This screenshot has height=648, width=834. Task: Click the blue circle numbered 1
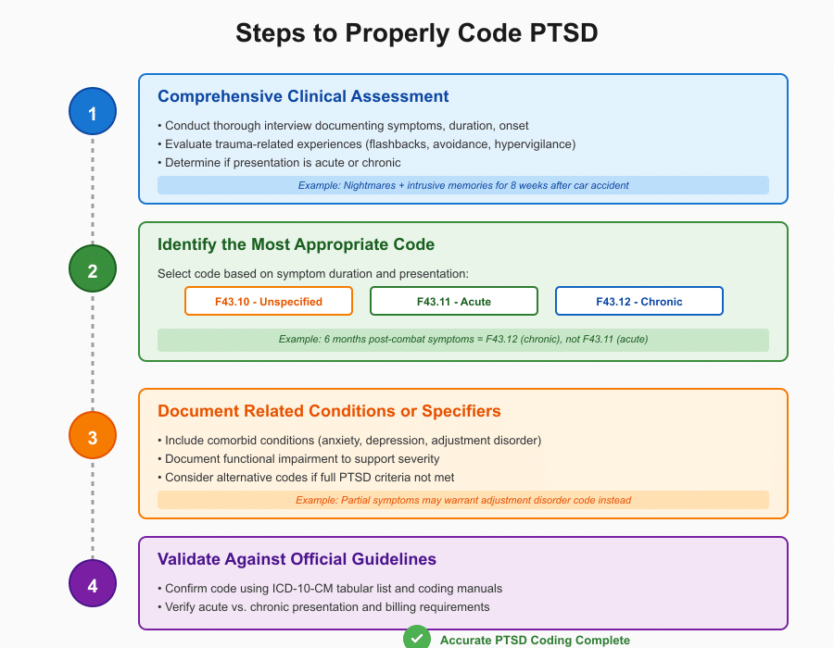coord(93,113)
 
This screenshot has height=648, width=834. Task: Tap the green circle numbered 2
coord(93,270)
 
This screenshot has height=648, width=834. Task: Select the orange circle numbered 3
coord(93,436)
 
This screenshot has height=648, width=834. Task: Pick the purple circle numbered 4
coord(93,584)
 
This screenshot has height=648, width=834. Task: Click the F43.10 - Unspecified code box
coord(269,301)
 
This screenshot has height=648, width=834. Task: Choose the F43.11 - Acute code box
coord(454,301)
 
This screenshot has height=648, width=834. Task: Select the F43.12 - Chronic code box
coord(638,301)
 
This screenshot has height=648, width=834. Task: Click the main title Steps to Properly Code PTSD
coord(417,33)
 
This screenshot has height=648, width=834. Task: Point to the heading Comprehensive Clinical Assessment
coord(303,96)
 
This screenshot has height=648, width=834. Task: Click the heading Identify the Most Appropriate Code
coord(296,244)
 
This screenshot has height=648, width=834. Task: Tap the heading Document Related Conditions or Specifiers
coord(329,411)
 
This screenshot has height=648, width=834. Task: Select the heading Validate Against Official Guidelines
coord(297,559)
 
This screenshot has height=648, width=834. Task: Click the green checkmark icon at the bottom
coord(417,639)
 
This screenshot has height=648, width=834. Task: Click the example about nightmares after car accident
coord(463,185)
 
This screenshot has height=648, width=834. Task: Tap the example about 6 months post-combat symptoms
coord(463,340)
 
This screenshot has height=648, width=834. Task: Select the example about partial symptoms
coord(463,500)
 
